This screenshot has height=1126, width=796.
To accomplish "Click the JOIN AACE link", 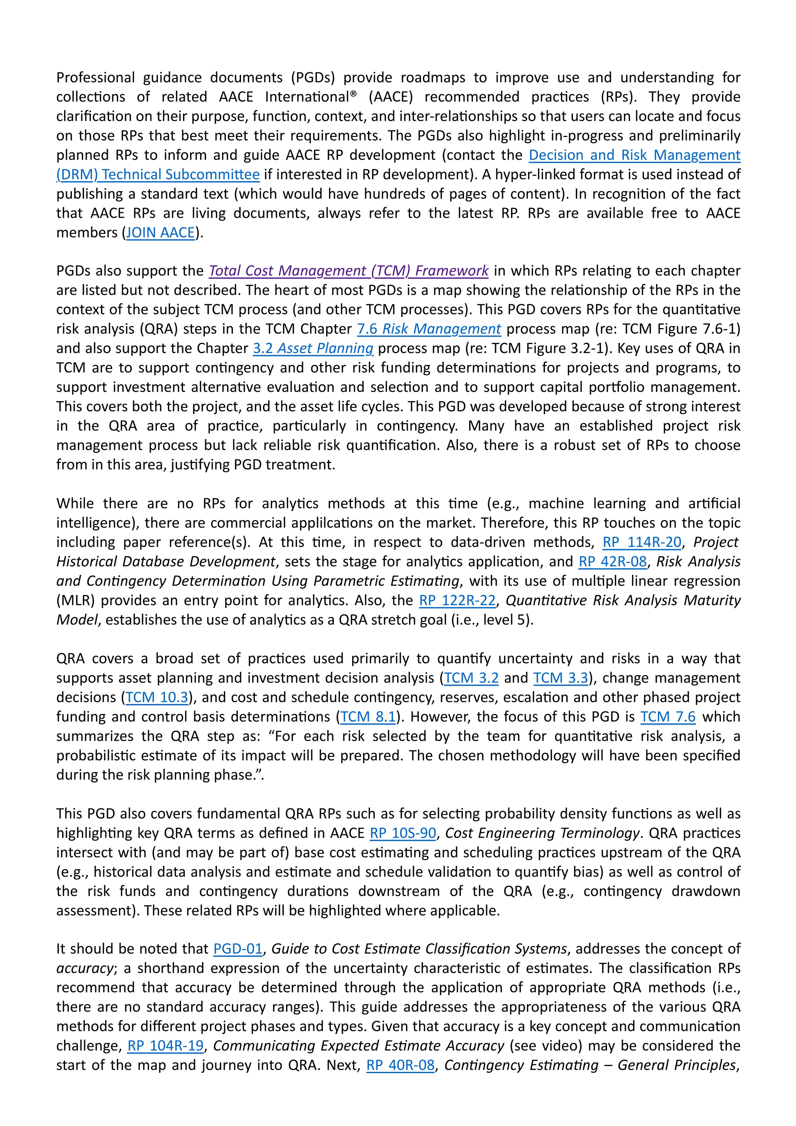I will point(161,232).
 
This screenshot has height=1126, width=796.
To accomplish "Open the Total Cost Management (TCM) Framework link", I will point(348,271).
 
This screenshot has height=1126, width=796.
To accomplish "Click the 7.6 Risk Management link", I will point(429,328).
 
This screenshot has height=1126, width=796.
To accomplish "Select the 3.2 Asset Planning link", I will point(313,348).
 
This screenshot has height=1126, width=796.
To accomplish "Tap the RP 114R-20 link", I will point(642,542).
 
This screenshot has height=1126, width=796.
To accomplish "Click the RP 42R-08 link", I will point(613,562).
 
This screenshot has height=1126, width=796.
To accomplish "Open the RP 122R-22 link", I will point(457,600).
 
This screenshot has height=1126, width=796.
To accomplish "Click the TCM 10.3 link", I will point(157,697).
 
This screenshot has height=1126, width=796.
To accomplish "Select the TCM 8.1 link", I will point(368,716).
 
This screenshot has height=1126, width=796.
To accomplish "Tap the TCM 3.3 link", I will point(560,678).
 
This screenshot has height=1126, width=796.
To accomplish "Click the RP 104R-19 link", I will point(165,1046).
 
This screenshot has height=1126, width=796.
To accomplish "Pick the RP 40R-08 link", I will point(400,1065).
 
